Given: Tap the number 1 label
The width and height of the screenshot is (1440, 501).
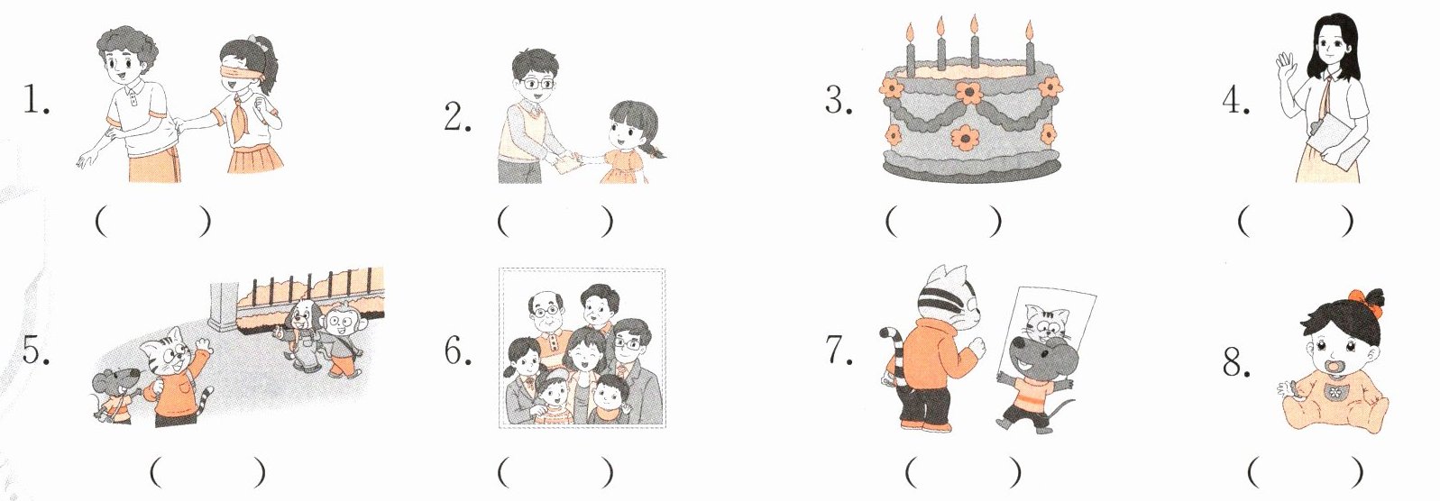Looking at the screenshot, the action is tap(36, 99).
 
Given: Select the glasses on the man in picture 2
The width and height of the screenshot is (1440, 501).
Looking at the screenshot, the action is tap(536, 83).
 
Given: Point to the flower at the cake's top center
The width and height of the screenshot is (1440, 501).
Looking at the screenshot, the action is tap(968, 93).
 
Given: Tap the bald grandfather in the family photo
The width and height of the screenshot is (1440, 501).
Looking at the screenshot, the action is tap(547, 328).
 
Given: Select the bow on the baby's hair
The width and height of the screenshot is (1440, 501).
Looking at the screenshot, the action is tap(1368, 297).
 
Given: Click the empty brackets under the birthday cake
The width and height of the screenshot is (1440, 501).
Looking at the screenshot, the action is tap(943, 222).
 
